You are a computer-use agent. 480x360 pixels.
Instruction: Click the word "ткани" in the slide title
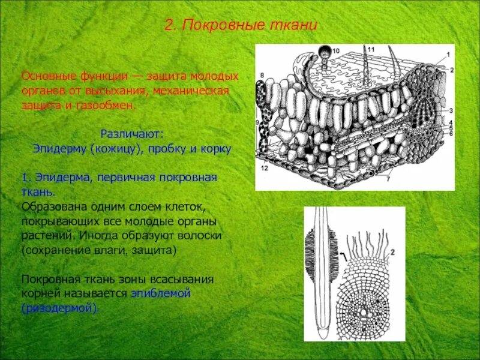pos(296,26)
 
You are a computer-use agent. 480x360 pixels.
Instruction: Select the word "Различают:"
pos(131,133)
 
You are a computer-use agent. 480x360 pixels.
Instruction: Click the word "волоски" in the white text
pos(200,236)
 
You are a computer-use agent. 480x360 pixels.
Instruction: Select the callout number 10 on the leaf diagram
pos(335,51)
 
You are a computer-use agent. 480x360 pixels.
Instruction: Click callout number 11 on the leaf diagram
pos(371,49)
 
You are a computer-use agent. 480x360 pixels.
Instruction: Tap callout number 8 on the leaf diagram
pos(262,75)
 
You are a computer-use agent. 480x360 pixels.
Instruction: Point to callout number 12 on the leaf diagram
pos(264,169)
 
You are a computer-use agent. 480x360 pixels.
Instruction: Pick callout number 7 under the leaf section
pos(389,179)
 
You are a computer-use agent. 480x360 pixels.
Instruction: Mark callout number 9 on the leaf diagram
pos(258,122)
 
